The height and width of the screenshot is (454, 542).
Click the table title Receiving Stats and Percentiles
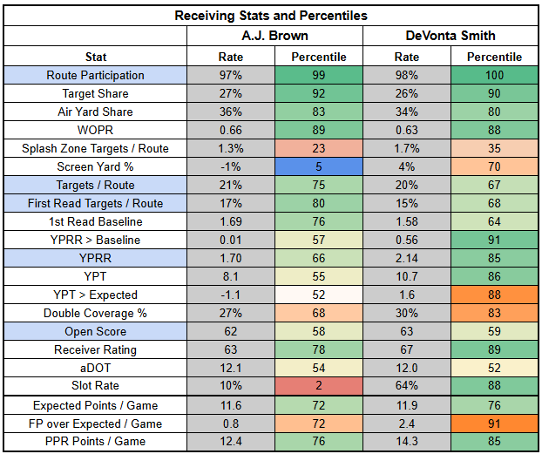[271, 16]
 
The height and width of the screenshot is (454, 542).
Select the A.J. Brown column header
[274, 36]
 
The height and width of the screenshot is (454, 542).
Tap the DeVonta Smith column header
[451, 36]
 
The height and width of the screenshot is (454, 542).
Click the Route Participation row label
[96, 76]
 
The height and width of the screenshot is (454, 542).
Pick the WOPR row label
[96, 131]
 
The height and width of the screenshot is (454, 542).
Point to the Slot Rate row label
[96, 386]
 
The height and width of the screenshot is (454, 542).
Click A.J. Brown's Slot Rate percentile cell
[318, 386]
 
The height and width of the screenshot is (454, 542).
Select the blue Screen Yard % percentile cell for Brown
[318, 166]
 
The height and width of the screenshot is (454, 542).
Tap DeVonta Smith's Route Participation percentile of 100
[495, 76]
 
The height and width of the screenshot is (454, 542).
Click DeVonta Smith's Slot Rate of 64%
[407, 386]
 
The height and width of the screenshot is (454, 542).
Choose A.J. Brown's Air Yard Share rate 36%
[230, 112]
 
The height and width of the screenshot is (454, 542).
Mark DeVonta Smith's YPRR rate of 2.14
[407, 258]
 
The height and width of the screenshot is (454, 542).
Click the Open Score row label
[96, 331]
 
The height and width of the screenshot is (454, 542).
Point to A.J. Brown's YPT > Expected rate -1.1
[230, 295]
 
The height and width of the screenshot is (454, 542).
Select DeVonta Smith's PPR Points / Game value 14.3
[407, 443]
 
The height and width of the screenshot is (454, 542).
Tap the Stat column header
[96, 57]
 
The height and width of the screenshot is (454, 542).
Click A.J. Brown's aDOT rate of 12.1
[230, 368]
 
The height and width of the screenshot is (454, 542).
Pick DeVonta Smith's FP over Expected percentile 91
[495, 424]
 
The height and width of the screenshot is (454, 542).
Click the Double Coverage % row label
[96, 313]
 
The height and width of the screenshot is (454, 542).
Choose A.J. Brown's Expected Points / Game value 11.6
[230, 406]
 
